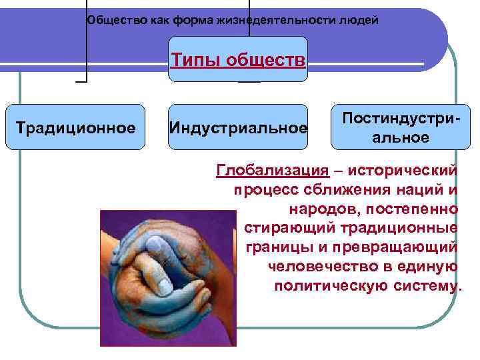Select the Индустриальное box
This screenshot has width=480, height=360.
pos(238,127)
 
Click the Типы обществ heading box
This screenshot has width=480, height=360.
pos(238,61)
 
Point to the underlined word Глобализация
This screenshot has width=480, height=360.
pos(273,171)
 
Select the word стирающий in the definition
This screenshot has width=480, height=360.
pos(281,228)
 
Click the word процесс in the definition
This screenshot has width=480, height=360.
pos(260,190)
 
